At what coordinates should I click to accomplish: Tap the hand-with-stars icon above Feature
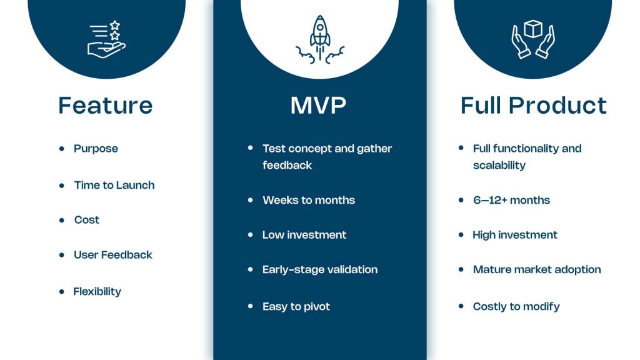point(106,39)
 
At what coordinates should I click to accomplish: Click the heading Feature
point(106,105)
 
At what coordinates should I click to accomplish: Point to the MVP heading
point(319,105)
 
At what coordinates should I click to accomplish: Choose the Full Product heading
point(533,105)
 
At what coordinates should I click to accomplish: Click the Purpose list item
point(96,149)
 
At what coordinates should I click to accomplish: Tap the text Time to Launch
point(114,185)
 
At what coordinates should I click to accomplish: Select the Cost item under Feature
point(86,220)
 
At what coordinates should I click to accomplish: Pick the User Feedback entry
point(112,255)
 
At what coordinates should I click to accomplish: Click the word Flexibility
point(97,291)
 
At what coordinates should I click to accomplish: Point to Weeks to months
point(309,200)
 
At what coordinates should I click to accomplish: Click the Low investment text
point(304,235)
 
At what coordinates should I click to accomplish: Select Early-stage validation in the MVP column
point(320,270)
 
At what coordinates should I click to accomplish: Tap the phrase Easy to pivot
point(296,306)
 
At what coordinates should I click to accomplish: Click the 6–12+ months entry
point(511,200)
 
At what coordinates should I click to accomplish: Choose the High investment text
point(515,235)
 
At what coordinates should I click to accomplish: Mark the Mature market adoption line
point(537,270)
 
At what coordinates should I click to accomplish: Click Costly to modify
point(516,306)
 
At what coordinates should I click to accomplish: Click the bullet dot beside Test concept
point(250,148)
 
